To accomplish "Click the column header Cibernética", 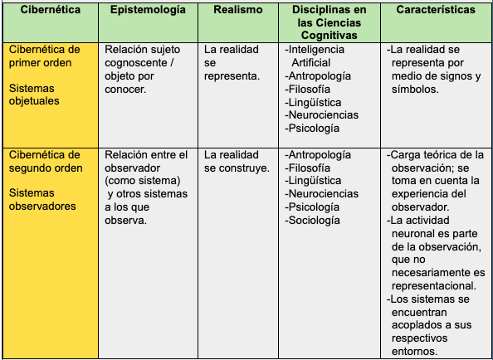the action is pos(49,11).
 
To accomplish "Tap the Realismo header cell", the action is pos(237,11).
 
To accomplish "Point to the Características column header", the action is pos(436,11).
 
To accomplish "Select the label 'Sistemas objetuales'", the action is pos(37,95).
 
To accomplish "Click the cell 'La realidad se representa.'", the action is pos(232,62).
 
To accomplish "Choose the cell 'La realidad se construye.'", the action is pos(237,161).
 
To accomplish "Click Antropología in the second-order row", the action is pos(319,154).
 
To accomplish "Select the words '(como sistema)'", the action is pos(143,181).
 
